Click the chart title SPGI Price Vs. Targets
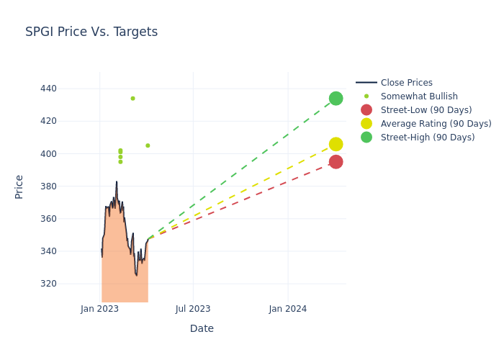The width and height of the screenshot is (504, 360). [91, 32]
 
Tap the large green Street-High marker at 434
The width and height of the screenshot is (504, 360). [336, 98]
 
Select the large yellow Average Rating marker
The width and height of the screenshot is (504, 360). [336, 144]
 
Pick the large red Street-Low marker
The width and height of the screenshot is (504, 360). [336, 162]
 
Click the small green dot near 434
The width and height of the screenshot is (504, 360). [132, 99]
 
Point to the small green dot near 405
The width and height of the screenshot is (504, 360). [148, 145]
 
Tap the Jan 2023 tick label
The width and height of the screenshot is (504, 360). [99, 309]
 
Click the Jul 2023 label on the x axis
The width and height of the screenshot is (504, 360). [193, 309]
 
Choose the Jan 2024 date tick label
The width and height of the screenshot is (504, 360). [288, 309]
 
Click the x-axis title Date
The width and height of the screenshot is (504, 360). [202, 328]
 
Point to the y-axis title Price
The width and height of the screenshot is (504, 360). [19, 186]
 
